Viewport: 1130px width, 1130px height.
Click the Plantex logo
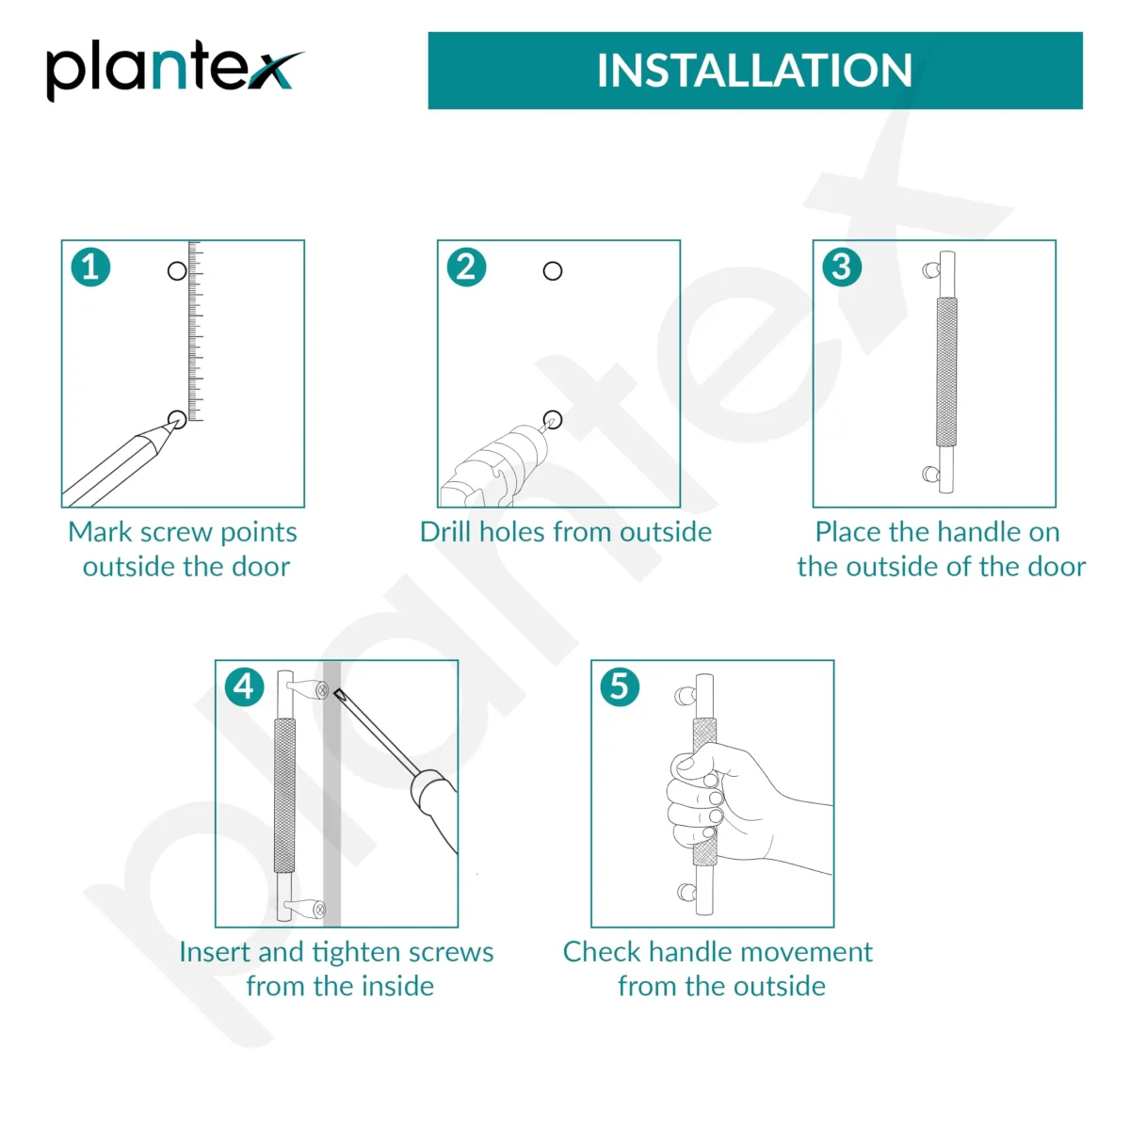point(175,72)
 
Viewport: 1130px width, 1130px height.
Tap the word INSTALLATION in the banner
point(754,71)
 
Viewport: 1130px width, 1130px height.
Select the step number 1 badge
point(90,267)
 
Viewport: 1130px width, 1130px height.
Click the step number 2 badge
point(466,267)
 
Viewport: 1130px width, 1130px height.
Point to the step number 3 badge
point(842,267)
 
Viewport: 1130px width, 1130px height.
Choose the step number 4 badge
point(244,686)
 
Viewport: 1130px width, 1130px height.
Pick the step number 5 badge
point(620,686)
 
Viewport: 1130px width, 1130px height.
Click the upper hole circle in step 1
point(177,271)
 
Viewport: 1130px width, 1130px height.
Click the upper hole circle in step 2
point(553,271)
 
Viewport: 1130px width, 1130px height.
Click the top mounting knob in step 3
point(930,270)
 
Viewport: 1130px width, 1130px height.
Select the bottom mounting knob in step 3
point(930,474)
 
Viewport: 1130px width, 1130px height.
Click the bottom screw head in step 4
point(319,910)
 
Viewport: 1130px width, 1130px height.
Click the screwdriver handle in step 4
point(435,807)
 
